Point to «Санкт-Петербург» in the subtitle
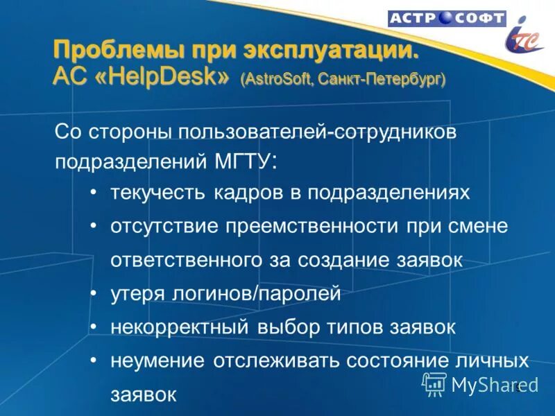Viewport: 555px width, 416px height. click(x=382, y=79)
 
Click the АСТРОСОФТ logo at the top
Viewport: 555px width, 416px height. click(x=446, y=19)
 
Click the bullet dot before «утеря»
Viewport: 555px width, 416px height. click(x=93, y=294)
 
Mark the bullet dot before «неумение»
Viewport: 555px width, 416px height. click(x=93, y=361)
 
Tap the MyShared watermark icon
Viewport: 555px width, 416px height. click(x=434, y=383)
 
